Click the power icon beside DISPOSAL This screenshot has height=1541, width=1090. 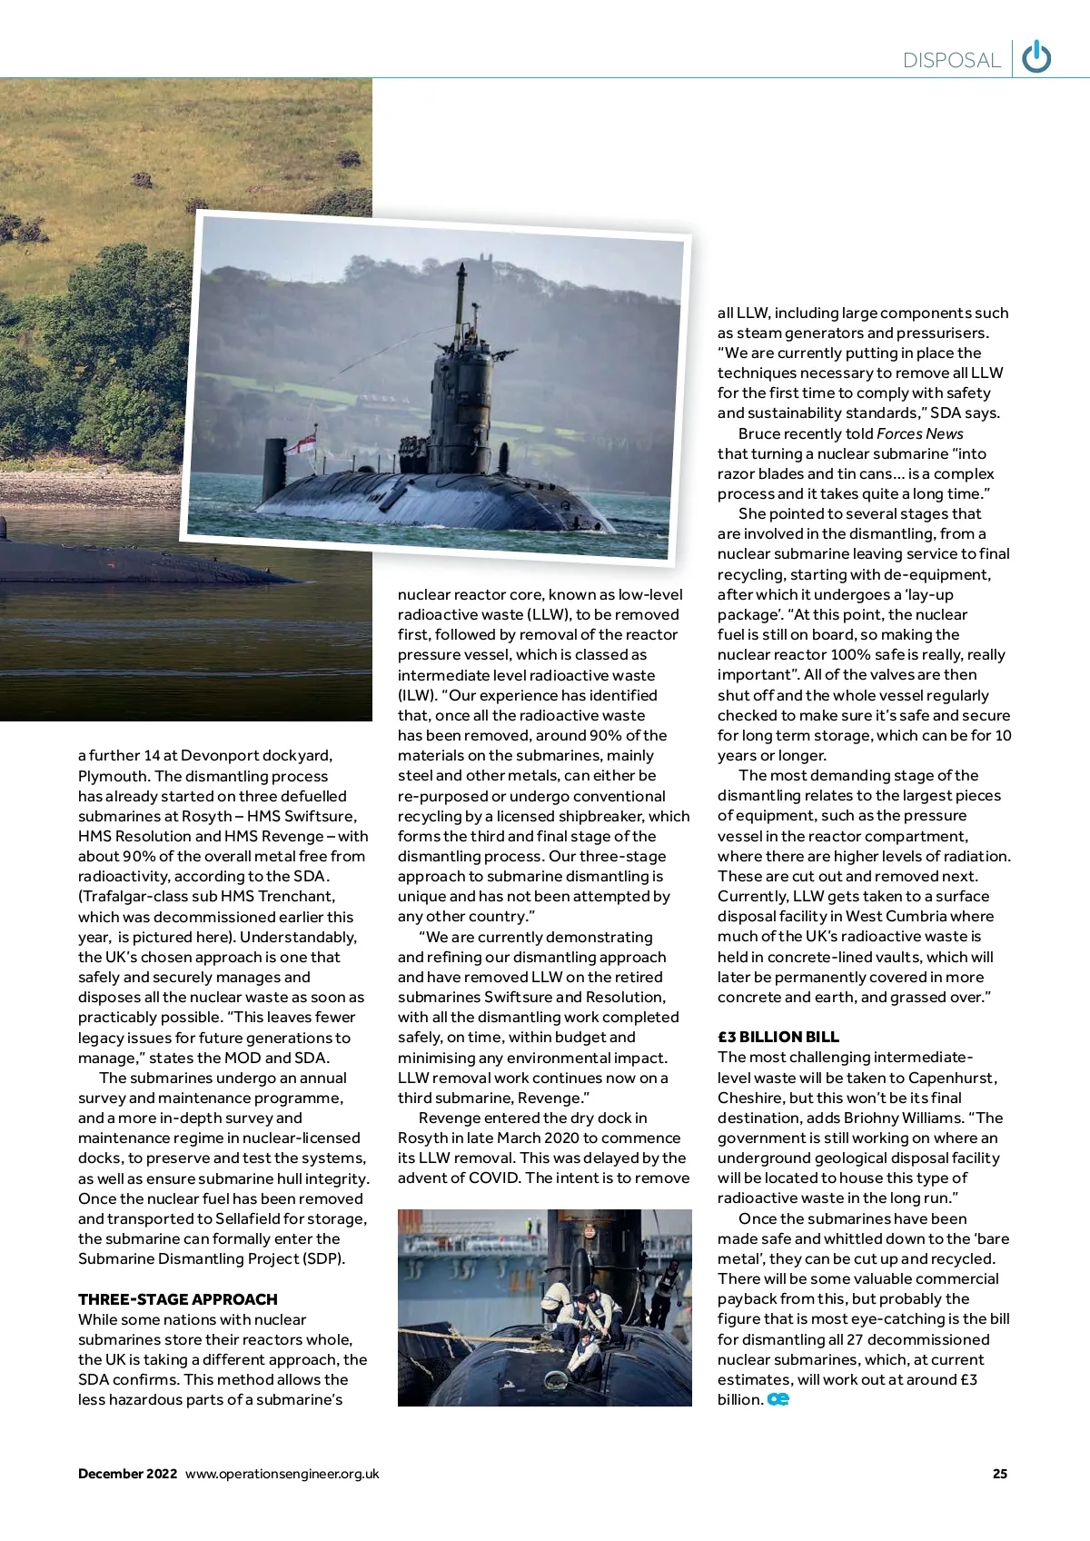tap(1036, 58)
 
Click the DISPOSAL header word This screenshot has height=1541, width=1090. tap(951, 61)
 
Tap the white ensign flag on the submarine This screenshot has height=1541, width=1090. tap(302, 442)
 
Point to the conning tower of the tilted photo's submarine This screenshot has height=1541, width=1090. tap(461, 400)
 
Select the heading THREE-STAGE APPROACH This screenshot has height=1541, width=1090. tap(178, 1299)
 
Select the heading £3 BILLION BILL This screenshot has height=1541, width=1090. tap(778, 1037)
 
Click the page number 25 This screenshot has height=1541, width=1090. tap(1000, 1474)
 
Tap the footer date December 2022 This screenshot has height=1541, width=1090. tap(127, 1474)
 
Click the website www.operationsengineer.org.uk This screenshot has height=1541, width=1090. tap(282, 1474)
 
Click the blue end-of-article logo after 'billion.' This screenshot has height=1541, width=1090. tap(778, 1399)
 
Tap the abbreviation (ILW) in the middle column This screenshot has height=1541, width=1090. tap(414, 695)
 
